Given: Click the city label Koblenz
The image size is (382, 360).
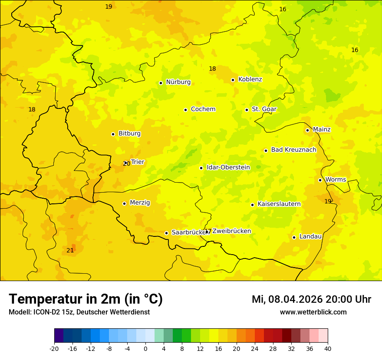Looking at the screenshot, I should coord(250,79).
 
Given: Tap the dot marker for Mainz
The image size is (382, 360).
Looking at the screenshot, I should coord(307,130).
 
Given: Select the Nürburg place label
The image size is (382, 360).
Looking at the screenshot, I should coord(178,82).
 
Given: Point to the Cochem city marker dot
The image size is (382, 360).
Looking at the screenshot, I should coord(185,110).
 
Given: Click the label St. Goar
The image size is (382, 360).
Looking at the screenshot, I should coord(264,109).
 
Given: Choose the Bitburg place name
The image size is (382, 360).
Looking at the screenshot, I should coord(129,134).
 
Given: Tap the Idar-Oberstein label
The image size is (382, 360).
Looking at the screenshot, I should coord(228,167).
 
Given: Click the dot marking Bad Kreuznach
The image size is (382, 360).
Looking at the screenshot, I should coord(266,151).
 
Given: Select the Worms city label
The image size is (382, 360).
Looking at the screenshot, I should coord(336,180).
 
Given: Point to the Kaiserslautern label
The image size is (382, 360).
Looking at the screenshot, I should coord(279,204).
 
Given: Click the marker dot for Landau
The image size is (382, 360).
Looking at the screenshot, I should coord(294,237).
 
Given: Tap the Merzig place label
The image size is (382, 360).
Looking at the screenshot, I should coord(140,203).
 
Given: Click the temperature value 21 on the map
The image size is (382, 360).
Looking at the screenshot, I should coord(70,250).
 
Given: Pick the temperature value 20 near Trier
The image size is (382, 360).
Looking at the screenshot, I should coord(127,164).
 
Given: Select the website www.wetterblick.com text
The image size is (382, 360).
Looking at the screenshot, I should coord(313,312).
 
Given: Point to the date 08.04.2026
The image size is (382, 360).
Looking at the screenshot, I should coord(295,299).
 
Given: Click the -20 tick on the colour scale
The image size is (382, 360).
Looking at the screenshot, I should coord(54,348).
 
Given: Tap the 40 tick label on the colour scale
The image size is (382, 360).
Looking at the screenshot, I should coord(328,348).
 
